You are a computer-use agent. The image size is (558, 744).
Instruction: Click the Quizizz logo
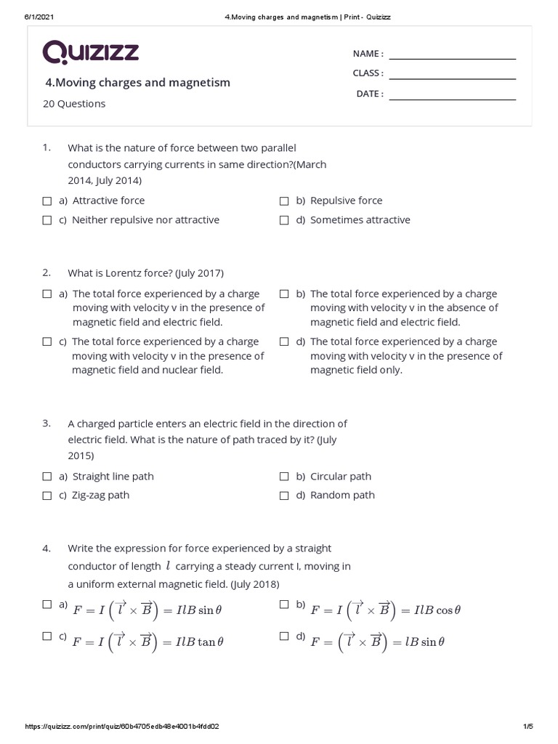click(91, 52)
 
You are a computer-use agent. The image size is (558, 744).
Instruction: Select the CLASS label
click(368, 73)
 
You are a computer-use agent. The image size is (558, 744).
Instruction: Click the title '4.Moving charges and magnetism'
click(137, 83)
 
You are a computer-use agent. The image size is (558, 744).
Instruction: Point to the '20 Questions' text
click(74, 104)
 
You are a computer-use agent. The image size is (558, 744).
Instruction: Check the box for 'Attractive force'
click(47, 201)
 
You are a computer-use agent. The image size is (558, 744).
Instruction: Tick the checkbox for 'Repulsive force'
click(284, 201)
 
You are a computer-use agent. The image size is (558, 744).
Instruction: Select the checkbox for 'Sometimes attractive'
click(284, 220)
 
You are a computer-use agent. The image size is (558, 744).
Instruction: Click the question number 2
click(46, 272)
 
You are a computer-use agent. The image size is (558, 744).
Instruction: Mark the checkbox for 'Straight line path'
click(47, 477)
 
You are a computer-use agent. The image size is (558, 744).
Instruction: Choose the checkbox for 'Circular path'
click(284, 477)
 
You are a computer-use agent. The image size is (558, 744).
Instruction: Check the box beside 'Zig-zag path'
click(47, 496)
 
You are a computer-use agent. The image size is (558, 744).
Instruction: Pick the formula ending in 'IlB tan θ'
click(147, 641)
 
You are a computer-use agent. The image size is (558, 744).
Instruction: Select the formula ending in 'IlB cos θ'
click(385, 610)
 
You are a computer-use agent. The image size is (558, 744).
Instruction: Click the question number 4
click(46, 548)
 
